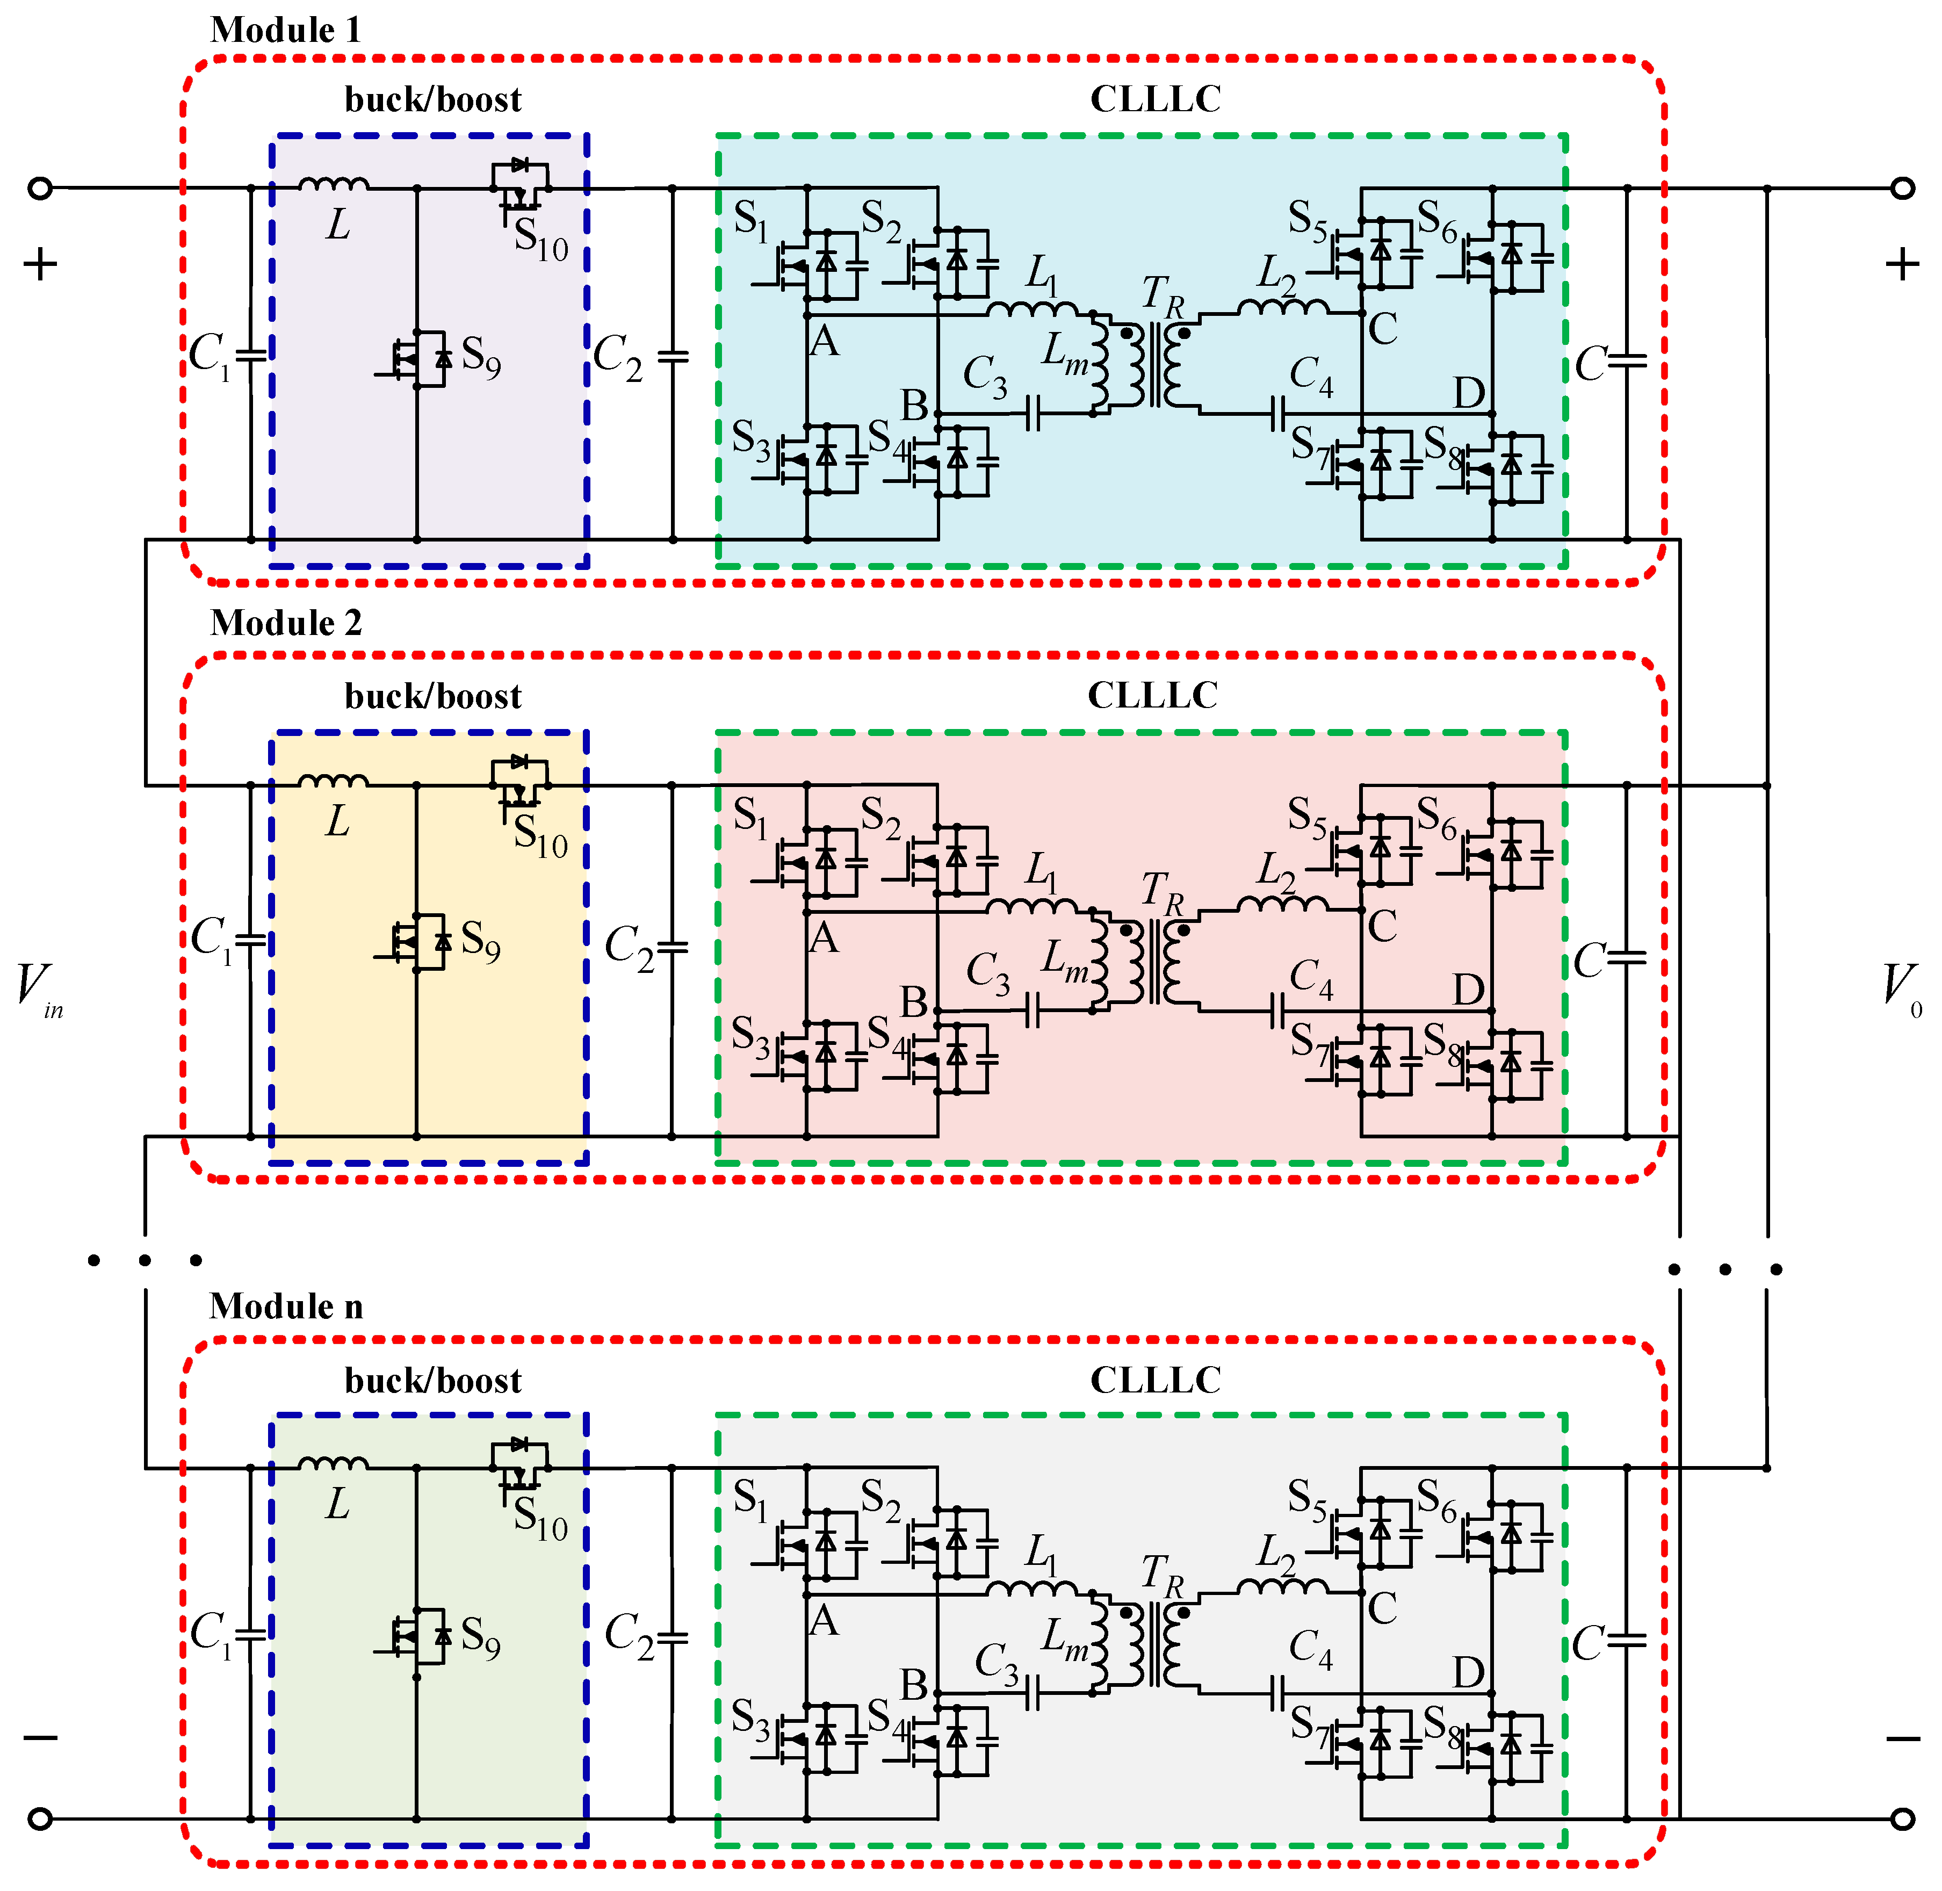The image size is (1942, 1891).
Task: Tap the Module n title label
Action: pyautogui.click(x=286, y=1306)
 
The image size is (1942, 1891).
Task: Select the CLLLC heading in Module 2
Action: pyautogui.click(x=1152, y=695)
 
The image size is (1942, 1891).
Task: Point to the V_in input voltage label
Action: pyautogui.click(x=38, y=987)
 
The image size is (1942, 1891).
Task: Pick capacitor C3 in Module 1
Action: pyautogui.click(x=1033, y=414)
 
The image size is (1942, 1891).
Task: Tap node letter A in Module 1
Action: pyautogui.click(x=825, y=343)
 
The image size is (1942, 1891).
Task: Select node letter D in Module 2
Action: pyautogui.click(x=1468, y=990)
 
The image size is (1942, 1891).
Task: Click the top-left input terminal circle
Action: pyautogui.click(x=40, y=187)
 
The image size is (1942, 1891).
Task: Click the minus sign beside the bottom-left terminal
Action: pyautogui.click(x=40, y=1738)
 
